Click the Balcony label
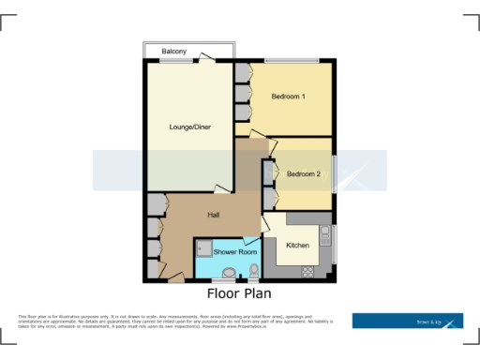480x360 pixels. tap(173, 51)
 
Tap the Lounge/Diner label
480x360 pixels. tap(188, 127)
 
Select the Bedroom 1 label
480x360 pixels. tap(290, 97)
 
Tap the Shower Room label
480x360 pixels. tap(235, 252)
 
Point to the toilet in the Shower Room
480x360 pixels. tap(253, 273)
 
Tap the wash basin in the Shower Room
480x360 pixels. tap(229, 274)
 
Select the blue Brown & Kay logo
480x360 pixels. tap(407, 321)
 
